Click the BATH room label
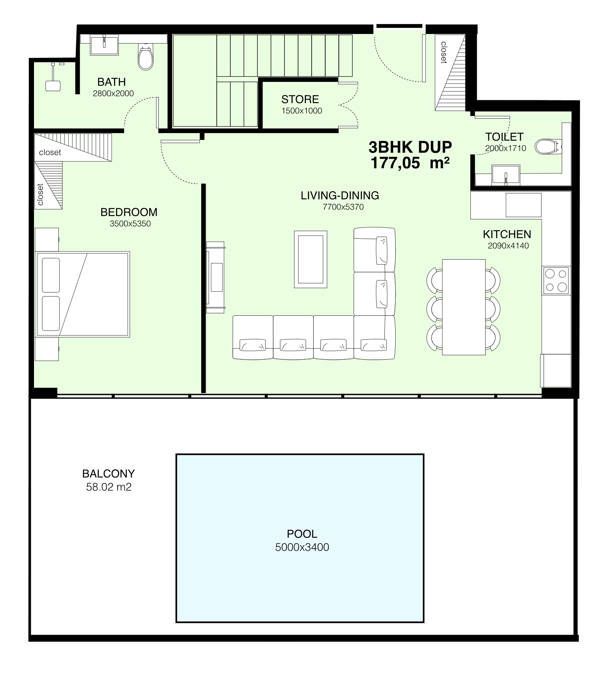pos(112,82)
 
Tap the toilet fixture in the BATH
pos(145,58)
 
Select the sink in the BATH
pos(104,45)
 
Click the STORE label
pos(300,99)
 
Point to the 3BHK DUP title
pos(410,147)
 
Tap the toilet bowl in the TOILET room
pos(548,146)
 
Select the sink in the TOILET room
pos(506,175)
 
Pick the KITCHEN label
pos(507,234)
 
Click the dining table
pos(464,307)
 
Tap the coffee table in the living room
pos(310,259)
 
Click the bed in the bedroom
pos(83,294)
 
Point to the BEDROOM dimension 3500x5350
pos(130,224)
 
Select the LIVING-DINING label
pos(340,195)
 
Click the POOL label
pos(302,534)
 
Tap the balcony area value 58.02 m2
pos(109,487)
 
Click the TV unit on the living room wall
pos(215,277)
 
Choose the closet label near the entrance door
pos(443,52)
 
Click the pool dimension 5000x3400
pos(302,547)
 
